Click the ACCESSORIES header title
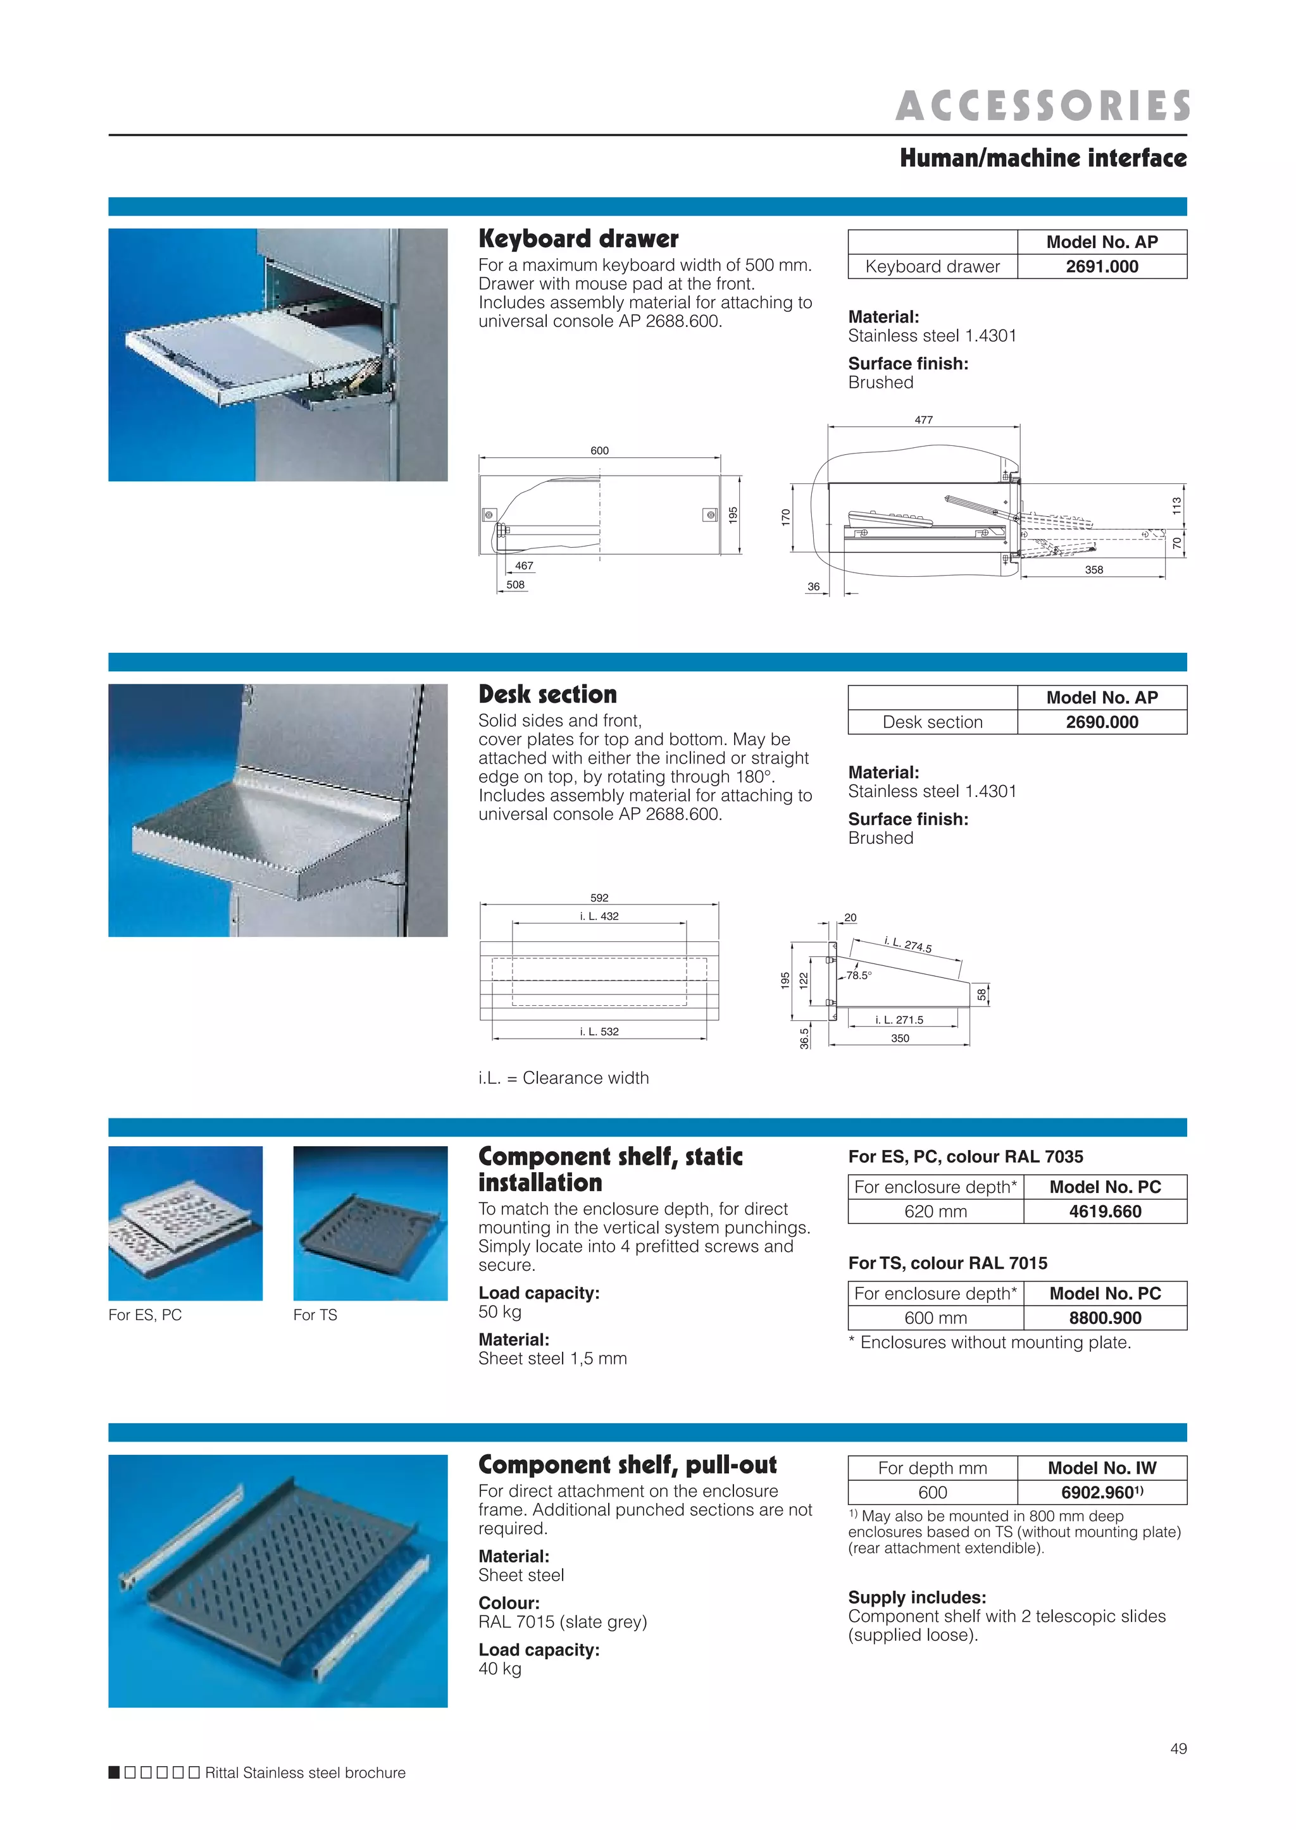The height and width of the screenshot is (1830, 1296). pos(1042,106)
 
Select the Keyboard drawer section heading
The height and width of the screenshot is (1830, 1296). pos(578,238)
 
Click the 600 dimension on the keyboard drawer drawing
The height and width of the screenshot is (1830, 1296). pos(599,451)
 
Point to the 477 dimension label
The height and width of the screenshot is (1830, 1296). pos(923,419)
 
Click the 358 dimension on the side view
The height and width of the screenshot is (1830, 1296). pos(1093,569)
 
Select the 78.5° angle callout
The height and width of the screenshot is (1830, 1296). pos(859,975)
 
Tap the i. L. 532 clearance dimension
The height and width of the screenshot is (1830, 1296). pos(599,1032)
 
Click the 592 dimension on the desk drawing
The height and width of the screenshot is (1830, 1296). pos(599,898)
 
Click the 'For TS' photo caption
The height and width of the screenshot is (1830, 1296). pos(315,1314)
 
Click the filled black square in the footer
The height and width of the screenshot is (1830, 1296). pos(114,1772)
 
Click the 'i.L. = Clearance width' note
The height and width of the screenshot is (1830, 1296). pos(563,1078)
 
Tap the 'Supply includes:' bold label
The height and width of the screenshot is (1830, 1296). pos(917,1597)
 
